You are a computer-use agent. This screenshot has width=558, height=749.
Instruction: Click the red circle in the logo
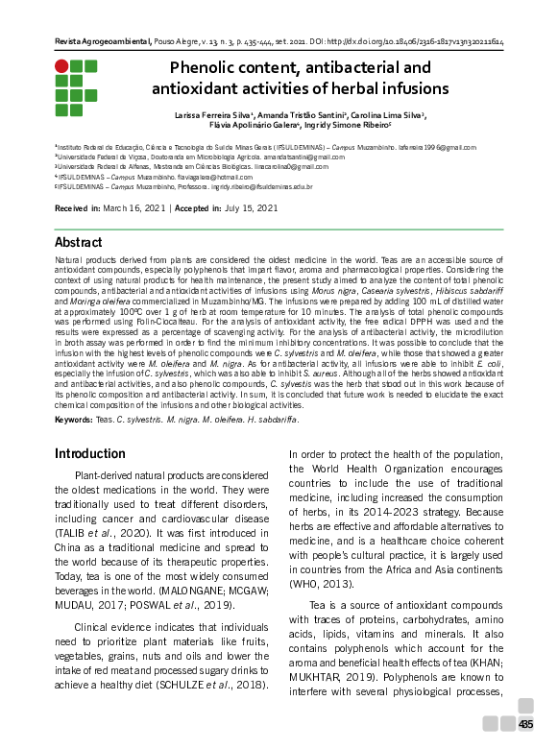[61, 66]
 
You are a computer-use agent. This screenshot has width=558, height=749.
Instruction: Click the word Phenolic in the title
[204, 68]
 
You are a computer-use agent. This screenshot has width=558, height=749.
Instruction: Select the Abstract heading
[78, 242]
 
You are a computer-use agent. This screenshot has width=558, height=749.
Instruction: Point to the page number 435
[526, 724]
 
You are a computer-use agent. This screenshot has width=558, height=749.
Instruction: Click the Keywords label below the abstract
[73, 420]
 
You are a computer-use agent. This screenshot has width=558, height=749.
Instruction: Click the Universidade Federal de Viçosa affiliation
[106, 157]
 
